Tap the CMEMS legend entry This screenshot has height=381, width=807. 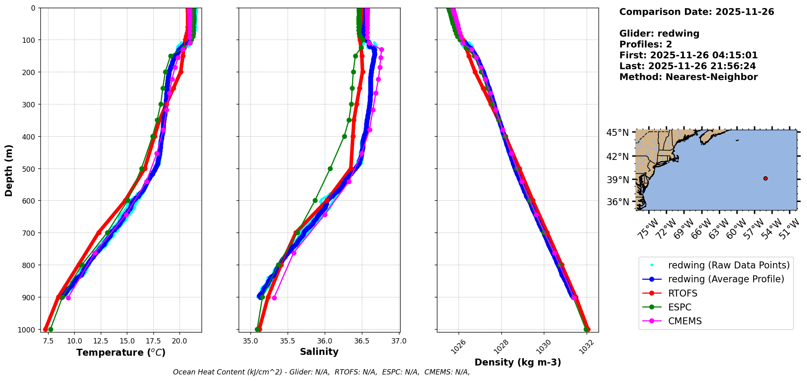(x=685, y=321)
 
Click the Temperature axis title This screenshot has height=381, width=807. (x=121, y=352)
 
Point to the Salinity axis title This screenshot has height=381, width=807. (x=319, y=352)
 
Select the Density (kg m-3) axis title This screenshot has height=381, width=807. (x=518, y=362)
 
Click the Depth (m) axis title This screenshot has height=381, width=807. (x=9, y=170)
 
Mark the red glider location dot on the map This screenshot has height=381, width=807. (x=765, y=178)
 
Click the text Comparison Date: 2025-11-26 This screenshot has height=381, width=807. (x=696, y=12)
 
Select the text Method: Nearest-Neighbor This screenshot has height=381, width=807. (x=688, y=77)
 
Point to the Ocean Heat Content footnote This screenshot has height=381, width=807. (x=321, y=372)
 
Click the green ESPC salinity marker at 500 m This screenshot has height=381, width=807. (x=330, y=168)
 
